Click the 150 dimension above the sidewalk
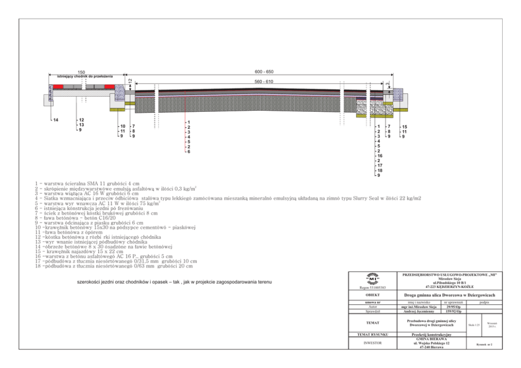point(81,72)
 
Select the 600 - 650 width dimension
point(264,72)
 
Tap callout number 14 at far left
point(56,120)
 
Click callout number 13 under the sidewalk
point(81,125)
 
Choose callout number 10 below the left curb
point(122,127)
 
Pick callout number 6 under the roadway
point(189,152)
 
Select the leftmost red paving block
point(58,86)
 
